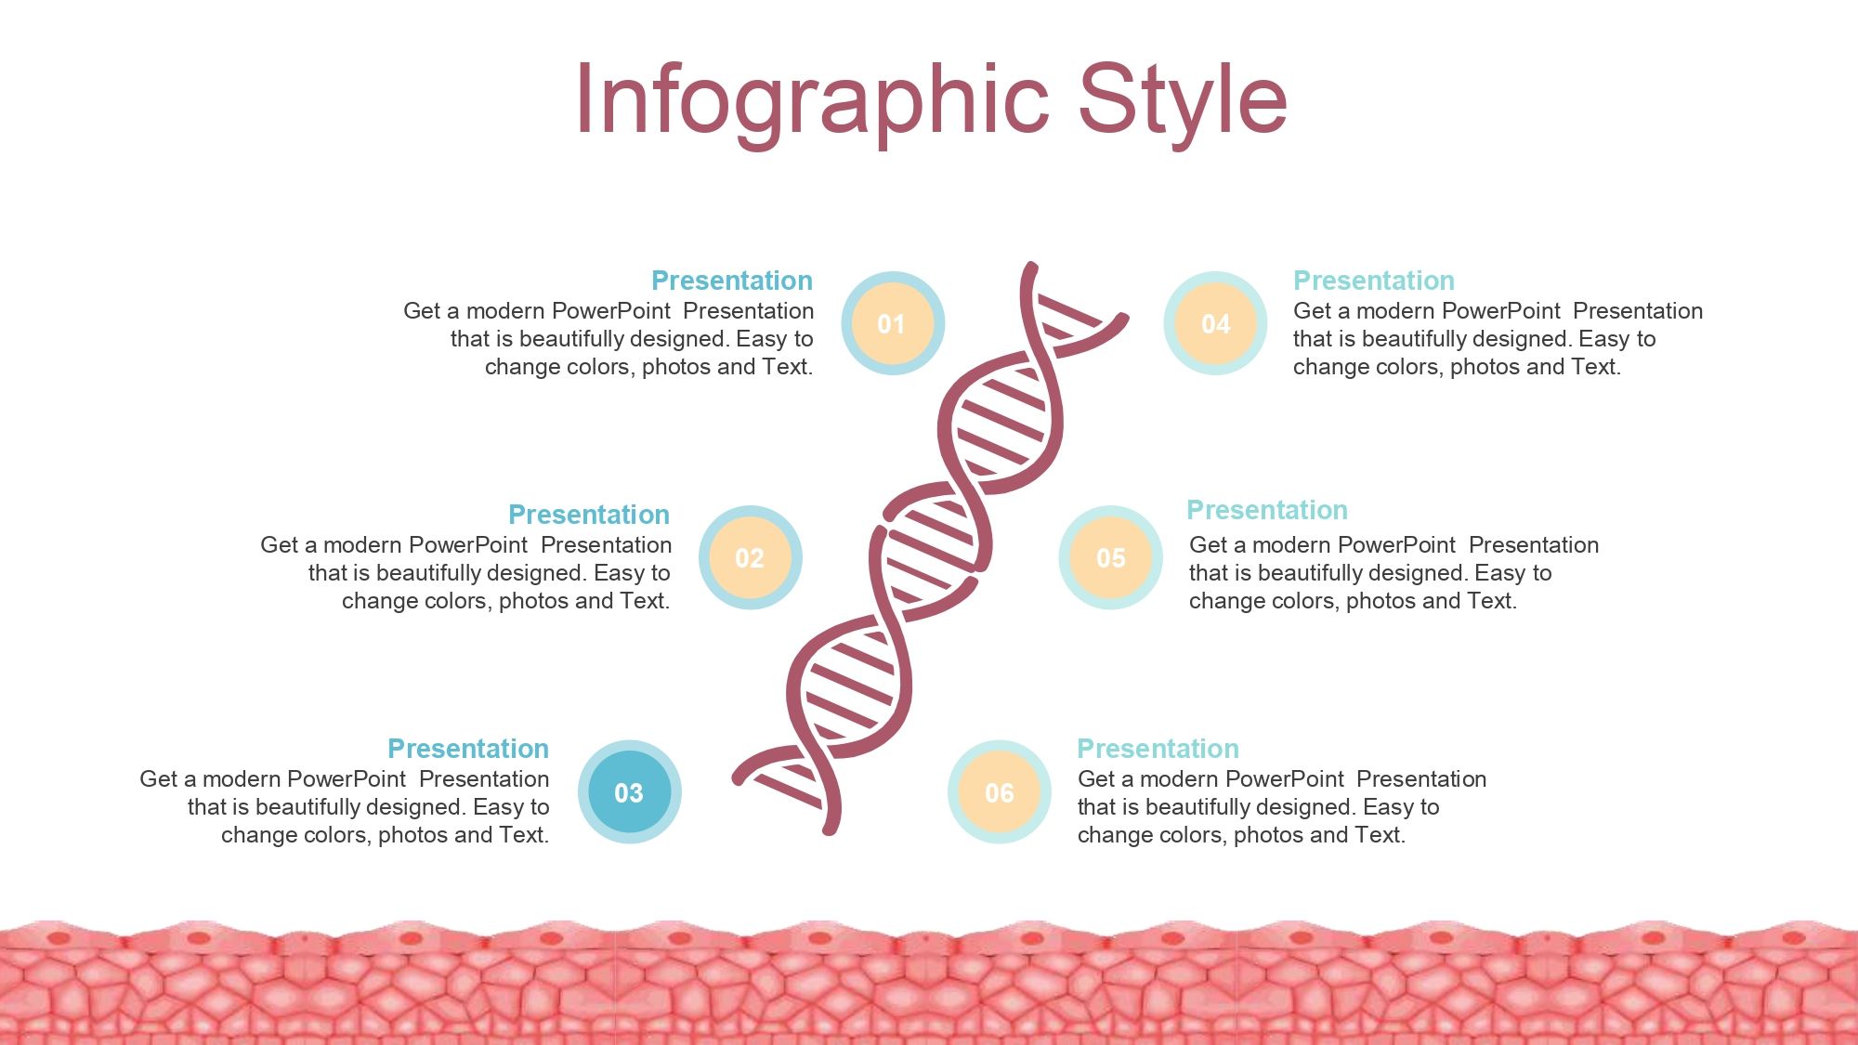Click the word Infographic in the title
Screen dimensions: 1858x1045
point(812,100)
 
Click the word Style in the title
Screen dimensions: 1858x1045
point(1183,100)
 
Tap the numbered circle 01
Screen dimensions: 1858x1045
point(893,323)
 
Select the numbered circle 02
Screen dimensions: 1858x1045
point(750,557)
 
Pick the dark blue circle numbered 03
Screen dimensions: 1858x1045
point(629,792)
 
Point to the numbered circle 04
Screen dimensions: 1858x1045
point(1215,323)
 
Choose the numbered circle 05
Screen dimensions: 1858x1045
point(1110,557)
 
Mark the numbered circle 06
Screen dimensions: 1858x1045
point(999,792)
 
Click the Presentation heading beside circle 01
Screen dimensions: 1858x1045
point(732,281)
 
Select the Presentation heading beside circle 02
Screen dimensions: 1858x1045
point(589,515)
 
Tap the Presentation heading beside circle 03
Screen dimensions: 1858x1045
point(468,749)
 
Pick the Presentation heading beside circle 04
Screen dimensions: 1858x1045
point(1374,281)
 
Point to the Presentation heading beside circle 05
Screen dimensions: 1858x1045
point(1267,510)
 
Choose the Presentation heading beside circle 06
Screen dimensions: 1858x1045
point(1158,749)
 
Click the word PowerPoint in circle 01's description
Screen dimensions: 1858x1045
point(610,311)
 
